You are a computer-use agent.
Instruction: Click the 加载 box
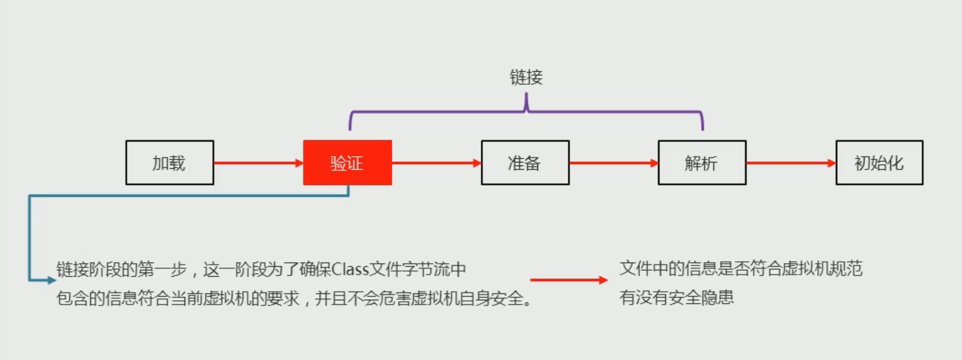pyautogui.click(x=169, y=163)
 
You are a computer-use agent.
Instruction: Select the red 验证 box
pyautogui.click(x=347, y=163)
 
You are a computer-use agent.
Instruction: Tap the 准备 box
pyautogui.click(x=525, y=163)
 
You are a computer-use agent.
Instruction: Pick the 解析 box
pyautogui.click(x=702, y=163)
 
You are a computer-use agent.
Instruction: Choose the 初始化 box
pyautogui.click(x=879, y=163)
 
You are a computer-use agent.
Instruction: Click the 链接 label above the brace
pyautogui.click(x=526, y=78)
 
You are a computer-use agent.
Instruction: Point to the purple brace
pyautogui.click(x=526, y=111)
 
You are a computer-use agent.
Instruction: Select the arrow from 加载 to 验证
pyautogui.click(x=258, y=163)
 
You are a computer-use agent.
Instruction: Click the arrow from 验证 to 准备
pyautogui.click(x=436, y=163)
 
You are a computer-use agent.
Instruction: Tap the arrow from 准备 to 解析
pyautogui.click(x=613, y=163)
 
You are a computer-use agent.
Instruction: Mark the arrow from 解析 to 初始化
pyautogui.click(x=791, y=163)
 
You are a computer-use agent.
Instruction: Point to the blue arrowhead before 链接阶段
pyautogui.click(x=51, y=280)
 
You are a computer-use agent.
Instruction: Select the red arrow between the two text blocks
pyautogui.click(x=569, y=280)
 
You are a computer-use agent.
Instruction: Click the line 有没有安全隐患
pyautogui.click(x=676, y=298)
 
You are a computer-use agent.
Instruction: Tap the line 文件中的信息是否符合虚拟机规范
pyautogui.click(x=740, y=268)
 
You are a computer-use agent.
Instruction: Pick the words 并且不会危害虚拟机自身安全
pyautogui.click(x=419, y=299)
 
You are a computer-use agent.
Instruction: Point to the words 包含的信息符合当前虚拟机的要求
pyautogui.click(x=177, y=299)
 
